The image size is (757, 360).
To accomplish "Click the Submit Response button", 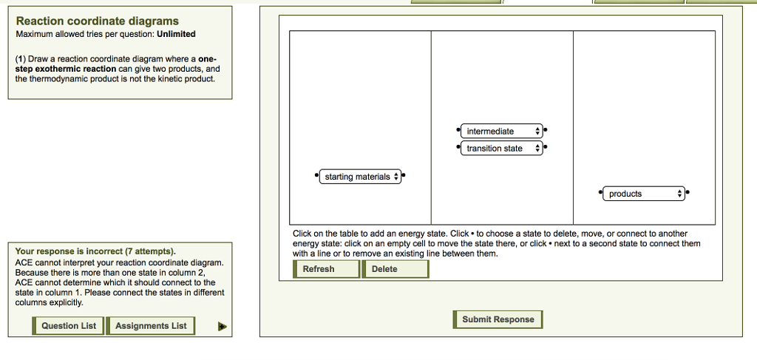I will (498, 319).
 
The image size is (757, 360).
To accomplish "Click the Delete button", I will (395, 269).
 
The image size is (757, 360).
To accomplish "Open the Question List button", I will (69, 326).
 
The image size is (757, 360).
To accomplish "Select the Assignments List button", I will (152, 326).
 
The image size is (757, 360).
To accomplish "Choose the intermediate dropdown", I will (500, 131).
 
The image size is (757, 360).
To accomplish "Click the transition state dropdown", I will (500, 149).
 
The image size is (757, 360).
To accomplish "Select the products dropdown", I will (644, 194).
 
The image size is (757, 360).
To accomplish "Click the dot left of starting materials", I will (316, 177).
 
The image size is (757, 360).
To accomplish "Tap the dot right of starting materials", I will (404, 177).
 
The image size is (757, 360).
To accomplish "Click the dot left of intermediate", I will (458, 131).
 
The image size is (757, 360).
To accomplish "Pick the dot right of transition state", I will (546, 149).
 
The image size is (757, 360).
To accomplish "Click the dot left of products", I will (601, 194).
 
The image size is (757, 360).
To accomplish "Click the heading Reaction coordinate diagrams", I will (97, 21).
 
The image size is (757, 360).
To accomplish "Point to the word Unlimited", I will (176, 34).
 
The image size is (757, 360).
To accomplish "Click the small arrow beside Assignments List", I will (222, 326).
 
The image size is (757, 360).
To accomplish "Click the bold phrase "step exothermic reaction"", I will (70, 69).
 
